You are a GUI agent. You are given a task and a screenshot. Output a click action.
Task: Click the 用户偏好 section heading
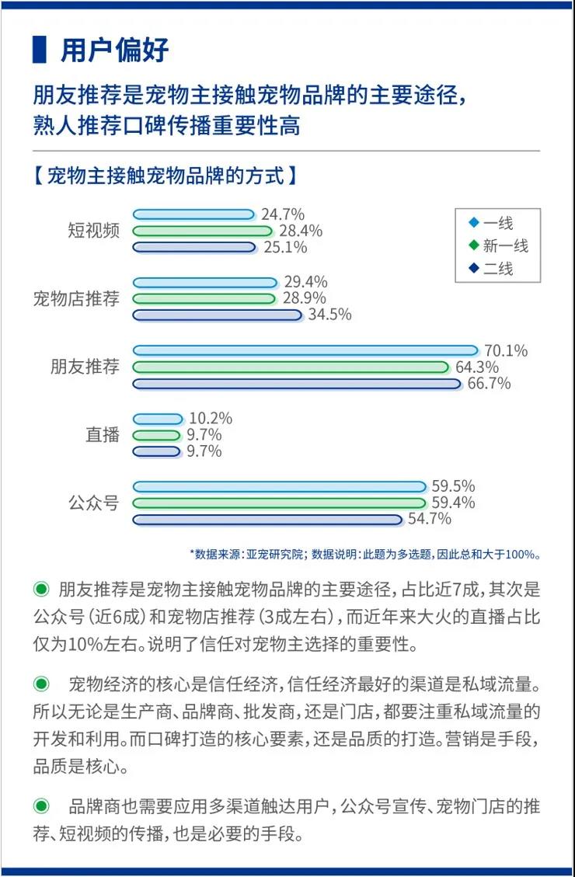[115, 50]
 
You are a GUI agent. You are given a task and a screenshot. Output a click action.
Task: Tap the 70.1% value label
[505, 351]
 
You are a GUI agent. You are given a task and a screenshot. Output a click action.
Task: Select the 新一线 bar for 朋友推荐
[291, 367]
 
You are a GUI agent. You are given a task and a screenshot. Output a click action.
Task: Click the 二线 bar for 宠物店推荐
[217, 315]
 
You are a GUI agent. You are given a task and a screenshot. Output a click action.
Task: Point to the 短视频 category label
[93, 231]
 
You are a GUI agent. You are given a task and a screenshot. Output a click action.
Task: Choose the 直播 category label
[103, 435]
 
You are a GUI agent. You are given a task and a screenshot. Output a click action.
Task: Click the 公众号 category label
[93, 503]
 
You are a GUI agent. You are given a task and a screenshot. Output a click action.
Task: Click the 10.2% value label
[211, 419]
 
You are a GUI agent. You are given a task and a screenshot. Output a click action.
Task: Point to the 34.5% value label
[329, 315]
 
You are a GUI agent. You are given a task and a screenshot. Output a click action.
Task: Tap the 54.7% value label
[430, 519]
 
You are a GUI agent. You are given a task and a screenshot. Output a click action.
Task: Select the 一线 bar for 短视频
[193, 214]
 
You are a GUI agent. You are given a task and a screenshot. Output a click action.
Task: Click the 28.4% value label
[301, 231]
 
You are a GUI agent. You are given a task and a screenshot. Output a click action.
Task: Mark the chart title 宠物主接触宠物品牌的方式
[165, 175]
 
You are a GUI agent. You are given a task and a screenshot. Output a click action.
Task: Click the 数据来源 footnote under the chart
[364, 555]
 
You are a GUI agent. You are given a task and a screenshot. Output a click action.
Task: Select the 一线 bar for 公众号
[280, 487]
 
